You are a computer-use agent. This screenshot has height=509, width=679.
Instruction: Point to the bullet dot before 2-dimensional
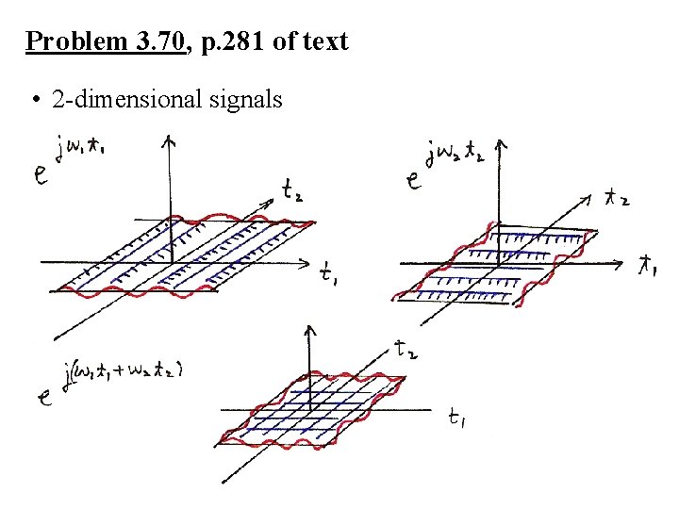tap(33, 99)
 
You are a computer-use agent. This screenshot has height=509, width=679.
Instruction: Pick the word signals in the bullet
tap(250, 98)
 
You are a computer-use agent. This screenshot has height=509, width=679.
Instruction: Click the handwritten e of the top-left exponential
tap(42, 174)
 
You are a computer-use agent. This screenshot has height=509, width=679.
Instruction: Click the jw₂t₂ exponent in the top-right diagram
tap(455, 154)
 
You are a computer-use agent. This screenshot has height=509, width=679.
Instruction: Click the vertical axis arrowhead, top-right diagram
tap(501, 147)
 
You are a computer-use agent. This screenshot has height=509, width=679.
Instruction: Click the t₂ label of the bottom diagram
tap(408, 352)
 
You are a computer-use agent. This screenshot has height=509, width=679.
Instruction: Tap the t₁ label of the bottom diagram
tap(457, 419)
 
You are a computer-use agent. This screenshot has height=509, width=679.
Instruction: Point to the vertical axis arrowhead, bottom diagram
tap(310, 332)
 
